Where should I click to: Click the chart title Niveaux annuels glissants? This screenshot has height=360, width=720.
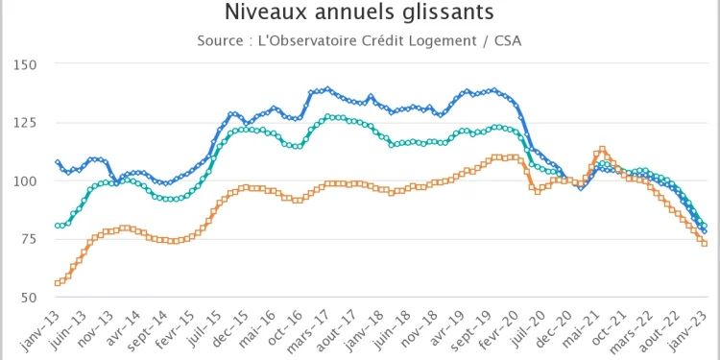(x=360, y=12)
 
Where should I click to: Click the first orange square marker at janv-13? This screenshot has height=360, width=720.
(x=58, y=283)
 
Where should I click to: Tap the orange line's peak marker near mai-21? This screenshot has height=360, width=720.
(x=602, y=150)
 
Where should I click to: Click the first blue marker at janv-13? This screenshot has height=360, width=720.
(x=58, y=162)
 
